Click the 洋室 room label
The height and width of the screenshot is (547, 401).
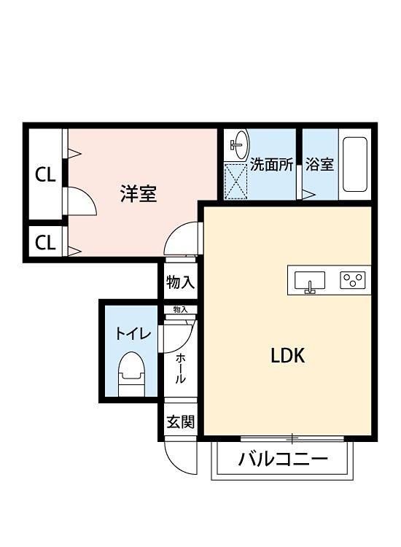[x=139, y=194]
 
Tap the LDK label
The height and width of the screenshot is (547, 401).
[x=287, y=357]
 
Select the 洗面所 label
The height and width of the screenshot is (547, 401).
[x=271, y=164]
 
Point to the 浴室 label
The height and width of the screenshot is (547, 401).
[x=319, y=164]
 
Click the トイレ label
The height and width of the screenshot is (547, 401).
[x=133, y=334]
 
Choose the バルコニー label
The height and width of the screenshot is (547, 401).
[x=283, y=460]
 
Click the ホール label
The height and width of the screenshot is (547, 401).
[x=180, y=368]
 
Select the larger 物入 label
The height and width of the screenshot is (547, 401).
[x=180, y=282]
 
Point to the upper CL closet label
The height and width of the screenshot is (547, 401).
[x=45, y=175]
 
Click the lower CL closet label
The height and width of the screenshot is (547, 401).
[x=45, y=242]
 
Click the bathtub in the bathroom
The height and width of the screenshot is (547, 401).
[x=355, y=165]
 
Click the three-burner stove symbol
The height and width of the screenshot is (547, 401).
[x=352, y=279]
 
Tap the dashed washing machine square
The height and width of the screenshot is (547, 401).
[x=236, y=180]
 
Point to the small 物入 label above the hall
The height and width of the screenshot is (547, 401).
[x=180, y=310]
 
